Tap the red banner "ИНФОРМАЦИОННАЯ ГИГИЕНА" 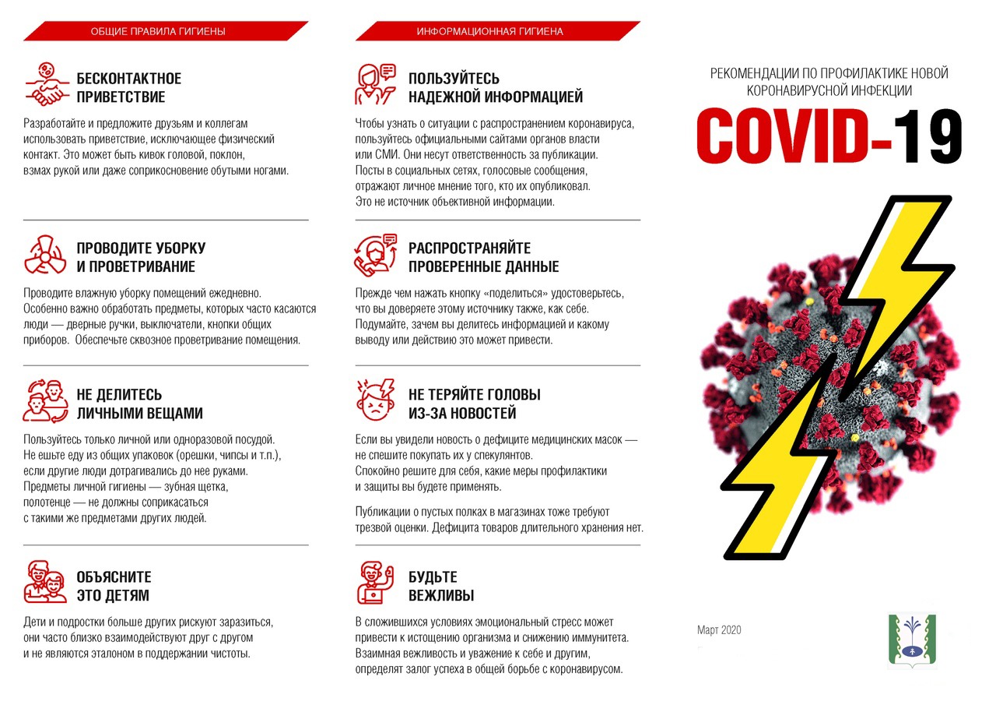pyautogui.click(x=498, y=31)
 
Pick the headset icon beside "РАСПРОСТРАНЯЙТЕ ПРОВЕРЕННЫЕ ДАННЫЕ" pyautogui.click(x=377, y=255)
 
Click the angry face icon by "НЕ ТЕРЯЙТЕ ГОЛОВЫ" pyautogui.click(x=377, y=400)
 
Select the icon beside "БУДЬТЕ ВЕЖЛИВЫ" pyautogui.click(x=377, y=582)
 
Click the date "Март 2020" pyautogui.click(x=719, y=629)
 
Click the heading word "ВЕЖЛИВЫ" pyautogui.click(x=441, y=596)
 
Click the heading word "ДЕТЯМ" pyautogui.click(x=129, y=596)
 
